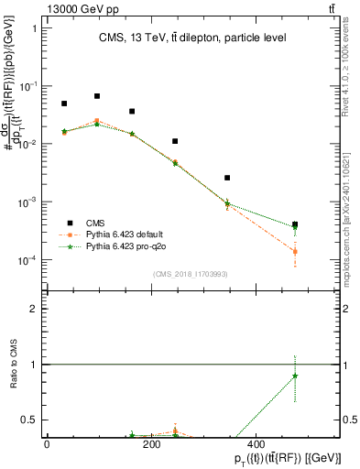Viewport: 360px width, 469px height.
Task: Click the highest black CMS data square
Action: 97,96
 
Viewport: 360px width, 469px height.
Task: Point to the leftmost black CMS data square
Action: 64,104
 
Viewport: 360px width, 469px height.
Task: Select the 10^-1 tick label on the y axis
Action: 27,86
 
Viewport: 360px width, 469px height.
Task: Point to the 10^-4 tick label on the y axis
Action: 27,260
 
